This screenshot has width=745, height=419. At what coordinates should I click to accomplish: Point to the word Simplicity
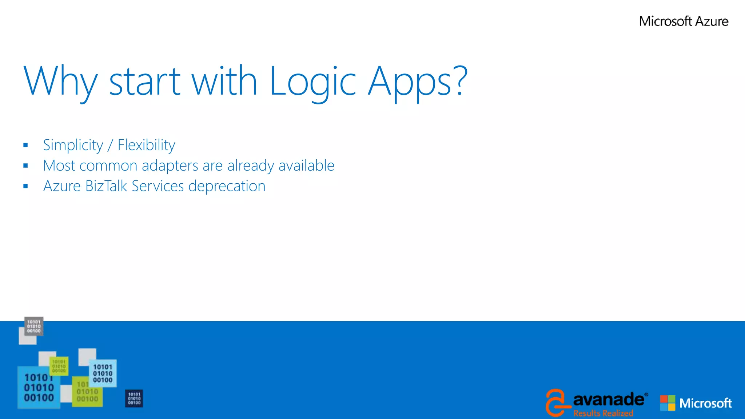[73, 145]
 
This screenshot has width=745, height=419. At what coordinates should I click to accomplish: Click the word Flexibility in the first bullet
[146, 145]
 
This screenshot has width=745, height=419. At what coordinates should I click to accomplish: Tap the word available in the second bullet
[306, 166]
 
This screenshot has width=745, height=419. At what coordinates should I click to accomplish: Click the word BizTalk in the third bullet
[106, 186]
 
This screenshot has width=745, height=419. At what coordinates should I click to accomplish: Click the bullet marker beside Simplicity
[25, 145]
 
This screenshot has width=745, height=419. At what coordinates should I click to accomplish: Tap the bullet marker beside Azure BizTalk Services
[25, 186]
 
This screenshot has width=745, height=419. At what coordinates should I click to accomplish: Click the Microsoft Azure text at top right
[684, 21]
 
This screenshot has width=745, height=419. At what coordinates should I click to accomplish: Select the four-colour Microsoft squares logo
[668, 403]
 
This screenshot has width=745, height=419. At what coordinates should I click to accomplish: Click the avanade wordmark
[608, 400]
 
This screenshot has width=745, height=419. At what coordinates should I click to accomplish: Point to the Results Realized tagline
[603, 413]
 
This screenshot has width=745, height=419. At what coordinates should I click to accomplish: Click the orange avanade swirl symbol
[556, 402]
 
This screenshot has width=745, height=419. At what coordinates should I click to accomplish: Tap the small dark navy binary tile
[134, 398]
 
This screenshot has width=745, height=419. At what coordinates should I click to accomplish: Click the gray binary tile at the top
[34, 326]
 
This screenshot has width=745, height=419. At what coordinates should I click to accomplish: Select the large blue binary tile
[39, 388]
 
